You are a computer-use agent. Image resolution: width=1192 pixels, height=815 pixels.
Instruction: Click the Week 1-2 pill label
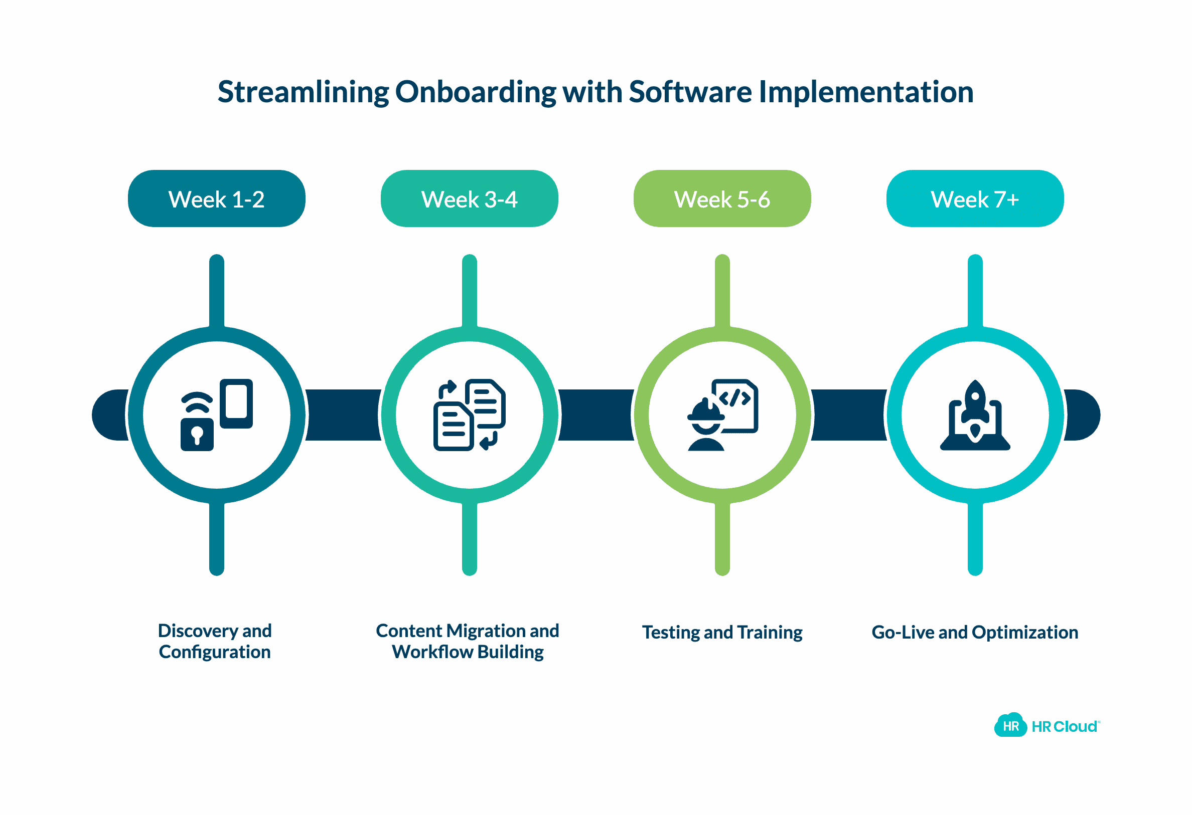coord(216,199)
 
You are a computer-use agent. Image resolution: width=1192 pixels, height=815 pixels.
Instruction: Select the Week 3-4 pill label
coord(469,199)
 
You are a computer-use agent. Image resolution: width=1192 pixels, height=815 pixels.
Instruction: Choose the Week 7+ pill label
coord(975,199)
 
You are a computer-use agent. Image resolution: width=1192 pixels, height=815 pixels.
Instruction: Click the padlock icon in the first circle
coord(197,434)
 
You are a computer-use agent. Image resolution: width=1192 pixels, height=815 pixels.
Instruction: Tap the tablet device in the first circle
coord(236,403)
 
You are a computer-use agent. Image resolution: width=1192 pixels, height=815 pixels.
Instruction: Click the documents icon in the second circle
coord(469,415)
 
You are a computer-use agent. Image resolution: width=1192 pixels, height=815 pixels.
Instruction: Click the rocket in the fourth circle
coord(975,410)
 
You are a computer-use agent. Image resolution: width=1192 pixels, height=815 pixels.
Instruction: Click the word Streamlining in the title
coord(304,92)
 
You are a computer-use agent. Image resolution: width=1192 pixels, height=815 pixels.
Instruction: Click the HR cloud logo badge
coord(1010,726)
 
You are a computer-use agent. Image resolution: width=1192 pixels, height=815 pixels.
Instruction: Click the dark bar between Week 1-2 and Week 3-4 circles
coord(343,415)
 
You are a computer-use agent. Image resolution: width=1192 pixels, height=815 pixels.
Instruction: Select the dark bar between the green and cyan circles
coord(849,415)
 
